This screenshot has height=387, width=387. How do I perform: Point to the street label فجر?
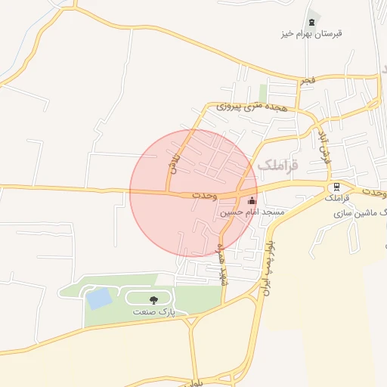pos(307,79)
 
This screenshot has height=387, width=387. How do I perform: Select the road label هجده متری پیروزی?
pos(252,108)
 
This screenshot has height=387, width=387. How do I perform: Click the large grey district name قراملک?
pos(278,164)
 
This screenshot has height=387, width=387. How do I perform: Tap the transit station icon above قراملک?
pos(336,187)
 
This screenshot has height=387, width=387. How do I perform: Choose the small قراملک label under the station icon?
pos(336,199)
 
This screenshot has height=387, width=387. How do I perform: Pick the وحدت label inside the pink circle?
pos(204,195)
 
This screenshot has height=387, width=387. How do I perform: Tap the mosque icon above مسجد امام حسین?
pos(252,201)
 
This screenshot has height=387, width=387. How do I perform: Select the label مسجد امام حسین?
pos(252,213)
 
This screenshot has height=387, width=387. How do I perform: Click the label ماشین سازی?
pos(358,214)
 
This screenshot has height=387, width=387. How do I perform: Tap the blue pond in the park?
pos(98,298)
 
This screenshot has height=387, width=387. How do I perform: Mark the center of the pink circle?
pos(193,193)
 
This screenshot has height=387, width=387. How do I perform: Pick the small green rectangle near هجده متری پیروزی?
pos(263,92)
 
